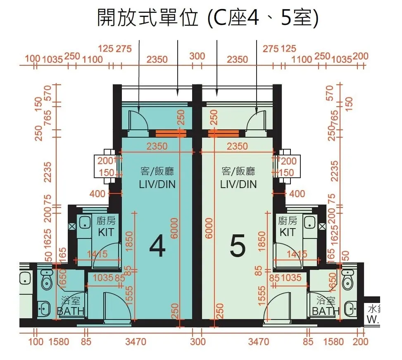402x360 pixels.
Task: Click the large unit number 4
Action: pyautogui.click(x=157, y=247)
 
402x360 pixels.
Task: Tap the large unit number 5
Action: pyautogui.click(x=238, y=247)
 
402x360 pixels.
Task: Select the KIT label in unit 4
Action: pyautogui.click(x=105, y=232)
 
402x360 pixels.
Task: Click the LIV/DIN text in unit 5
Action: pyautogui.click(x=238, y=184)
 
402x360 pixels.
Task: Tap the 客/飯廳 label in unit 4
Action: pyautogui.click(x=157, y=171)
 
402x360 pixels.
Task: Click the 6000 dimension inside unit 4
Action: pyautogui.click(x=174, y=228)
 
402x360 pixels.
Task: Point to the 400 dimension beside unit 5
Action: pyautogui.click(x=297, y=193)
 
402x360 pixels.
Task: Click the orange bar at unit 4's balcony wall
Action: pyautogui.click(x=170, y=133)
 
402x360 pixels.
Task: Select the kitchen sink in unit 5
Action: pyautogui.click(x=310, y=222)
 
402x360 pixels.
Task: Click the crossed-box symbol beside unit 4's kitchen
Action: pyautogui.click(x=72, y=226)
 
